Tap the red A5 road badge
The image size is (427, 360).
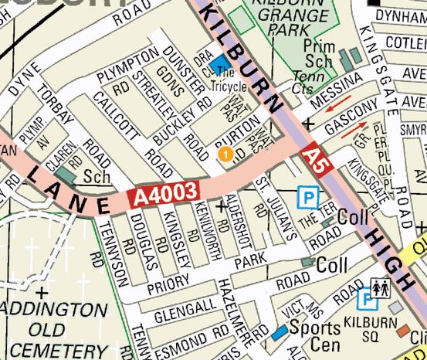[312, 159]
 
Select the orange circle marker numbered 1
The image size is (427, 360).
[225, 155]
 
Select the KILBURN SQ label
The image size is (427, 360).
[375, 318]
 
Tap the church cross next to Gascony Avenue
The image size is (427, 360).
[310, 124]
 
